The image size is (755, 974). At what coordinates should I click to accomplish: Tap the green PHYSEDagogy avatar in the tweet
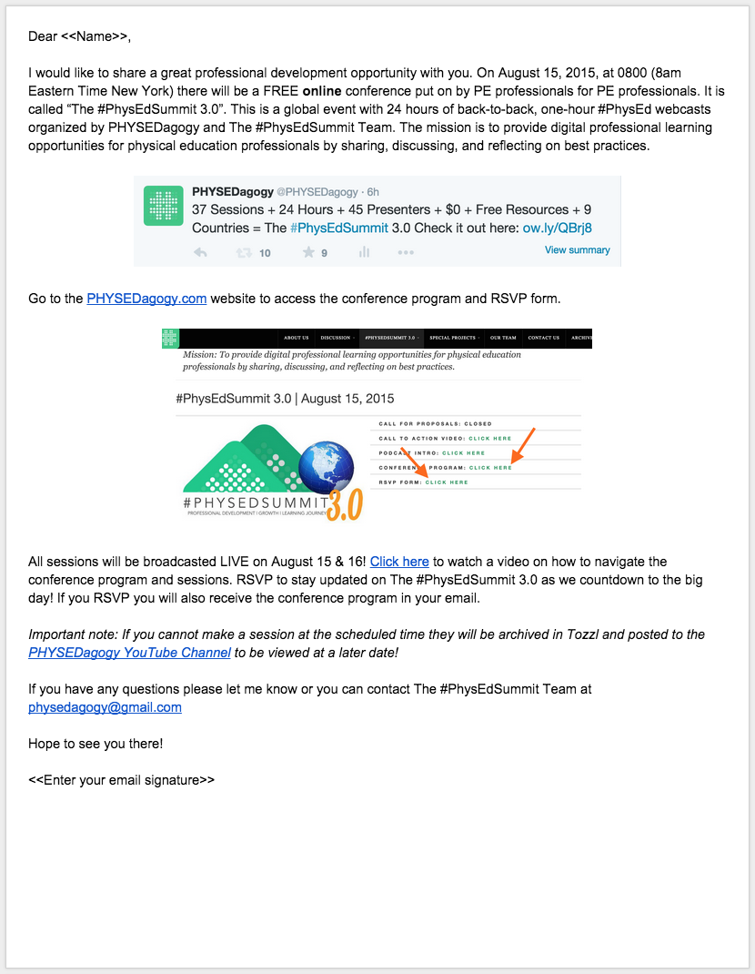pos(165,205)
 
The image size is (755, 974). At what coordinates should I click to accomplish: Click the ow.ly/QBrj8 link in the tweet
pos(557,228)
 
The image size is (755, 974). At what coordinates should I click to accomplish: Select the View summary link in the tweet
pos(577,250)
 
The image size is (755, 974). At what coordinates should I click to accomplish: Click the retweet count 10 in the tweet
pos(265,253)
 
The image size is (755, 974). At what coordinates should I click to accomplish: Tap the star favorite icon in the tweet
pos(308,252)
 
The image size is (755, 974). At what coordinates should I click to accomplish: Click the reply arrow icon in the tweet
pos(201,252)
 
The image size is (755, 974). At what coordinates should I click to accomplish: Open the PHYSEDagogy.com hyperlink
pos(146,299)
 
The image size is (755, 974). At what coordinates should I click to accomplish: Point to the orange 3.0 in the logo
pos(345,502)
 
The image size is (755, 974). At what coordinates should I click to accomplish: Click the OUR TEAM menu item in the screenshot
pos(503,338)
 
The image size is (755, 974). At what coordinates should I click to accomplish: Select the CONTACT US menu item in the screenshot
pos(544,338)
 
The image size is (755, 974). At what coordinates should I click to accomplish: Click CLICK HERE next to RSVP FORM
pos(447,482)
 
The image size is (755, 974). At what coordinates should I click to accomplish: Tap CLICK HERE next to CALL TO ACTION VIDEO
pos(490,439)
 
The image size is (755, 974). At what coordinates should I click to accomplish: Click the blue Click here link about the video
pos(399,563)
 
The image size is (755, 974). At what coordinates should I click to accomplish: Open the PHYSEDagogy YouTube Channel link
pos(129,653)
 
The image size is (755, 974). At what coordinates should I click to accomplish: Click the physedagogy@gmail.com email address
pos(105,707)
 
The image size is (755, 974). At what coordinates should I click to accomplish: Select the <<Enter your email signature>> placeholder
pos(121,780)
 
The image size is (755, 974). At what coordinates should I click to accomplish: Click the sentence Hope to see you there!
pos(96,744)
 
